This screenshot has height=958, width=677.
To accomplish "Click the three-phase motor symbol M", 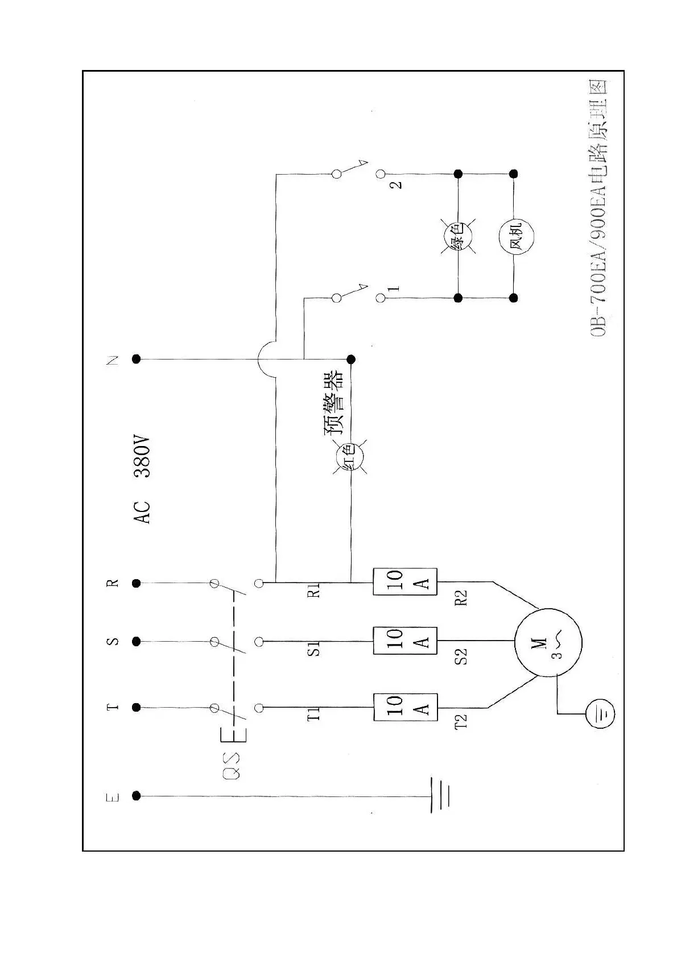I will coord(548,642).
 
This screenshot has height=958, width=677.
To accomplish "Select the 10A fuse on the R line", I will coord(404,581).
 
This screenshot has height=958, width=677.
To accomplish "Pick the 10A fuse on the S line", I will coord(404,641).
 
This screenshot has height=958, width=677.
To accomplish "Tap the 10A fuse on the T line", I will coord(404,707).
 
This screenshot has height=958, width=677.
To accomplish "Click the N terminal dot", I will coord(136,359).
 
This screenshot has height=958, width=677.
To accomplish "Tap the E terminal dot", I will coord(136,796).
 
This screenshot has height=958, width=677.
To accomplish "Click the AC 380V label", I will coord(142,480).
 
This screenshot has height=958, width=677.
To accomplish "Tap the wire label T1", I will coord(313,715).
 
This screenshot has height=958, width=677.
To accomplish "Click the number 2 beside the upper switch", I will coord(397,184).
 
